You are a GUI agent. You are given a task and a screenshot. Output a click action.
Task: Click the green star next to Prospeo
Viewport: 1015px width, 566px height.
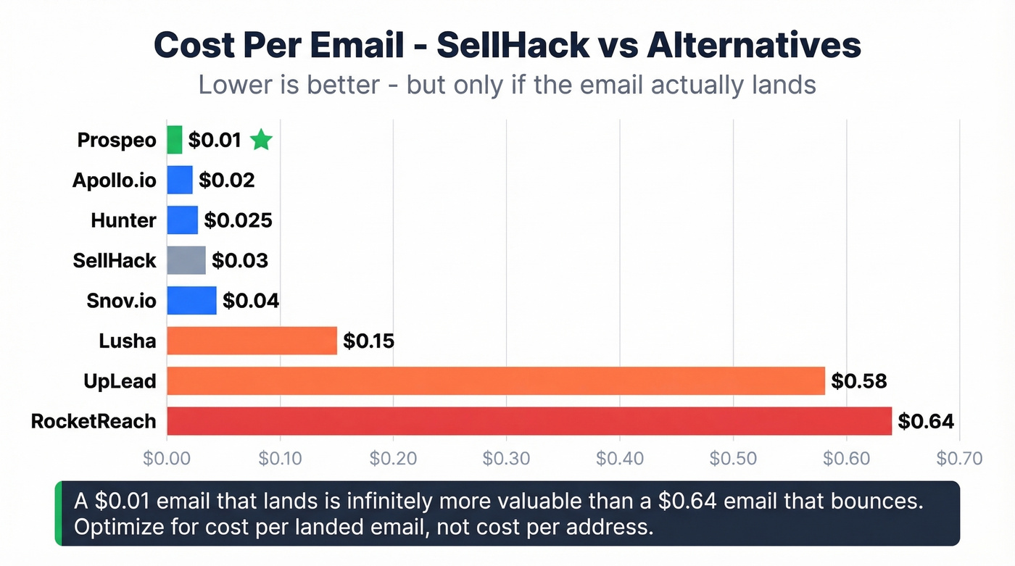point(261,140)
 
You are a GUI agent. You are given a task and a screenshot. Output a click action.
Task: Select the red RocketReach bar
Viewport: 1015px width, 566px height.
point(529,421)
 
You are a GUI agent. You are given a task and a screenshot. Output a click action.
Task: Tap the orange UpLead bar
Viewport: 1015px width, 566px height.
point(496,380)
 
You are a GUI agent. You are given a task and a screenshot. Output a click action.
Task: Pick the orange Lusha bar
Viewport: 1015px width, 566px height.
point(252,341)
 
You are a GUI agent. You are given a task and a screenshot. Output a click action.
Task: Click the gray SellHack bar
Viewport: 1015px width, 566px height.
point(186,260)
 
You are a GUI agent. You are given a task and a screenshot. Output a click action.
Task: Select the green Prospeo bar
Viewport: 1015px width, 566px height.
point(175,140)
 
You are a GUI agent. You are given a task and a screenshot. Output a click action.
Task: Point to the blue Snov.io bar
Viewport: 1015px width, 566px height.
point(191,301)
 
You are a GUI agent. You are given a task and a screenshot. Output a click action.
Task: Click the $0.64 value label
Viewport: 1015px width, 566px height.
point(925,421)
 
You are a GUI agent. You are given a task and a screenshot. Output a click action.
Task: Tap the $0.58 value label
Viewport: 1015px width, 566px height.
point(858,380)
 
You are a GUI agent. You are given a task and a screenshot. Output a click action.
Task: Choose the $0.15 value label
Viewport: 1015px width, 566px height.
point(368,341)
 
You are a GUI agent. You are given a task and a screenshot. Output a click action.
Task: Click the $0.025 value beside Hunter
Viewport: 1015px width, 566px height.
point(238,220)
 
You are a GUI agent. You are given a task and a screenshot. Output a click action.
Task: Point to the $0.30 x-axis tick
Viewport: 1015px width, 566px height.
point(506,458)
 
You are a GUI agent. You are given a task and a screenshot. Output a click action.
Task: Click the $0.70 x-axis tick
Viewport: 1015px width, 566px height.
point(958,458)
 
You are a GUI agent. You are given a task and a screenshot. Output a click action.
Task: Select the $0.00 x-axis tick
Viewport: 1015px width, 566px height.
point(167,458)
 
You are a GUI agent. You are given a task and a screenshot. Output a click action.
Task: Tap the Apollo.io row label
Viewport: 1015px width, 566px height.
point(114,180)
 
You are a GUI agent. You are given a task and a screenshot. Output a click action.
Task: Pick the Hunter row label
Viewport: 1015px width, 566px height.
point(123,220)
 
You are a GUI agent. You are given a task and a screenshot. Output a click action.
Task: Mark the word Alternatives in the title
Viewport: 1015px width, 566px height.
point(753,46)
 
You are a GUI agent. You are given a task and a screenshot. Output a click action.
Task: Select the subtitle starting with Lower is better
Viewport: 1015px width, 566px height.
point(507,85)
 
